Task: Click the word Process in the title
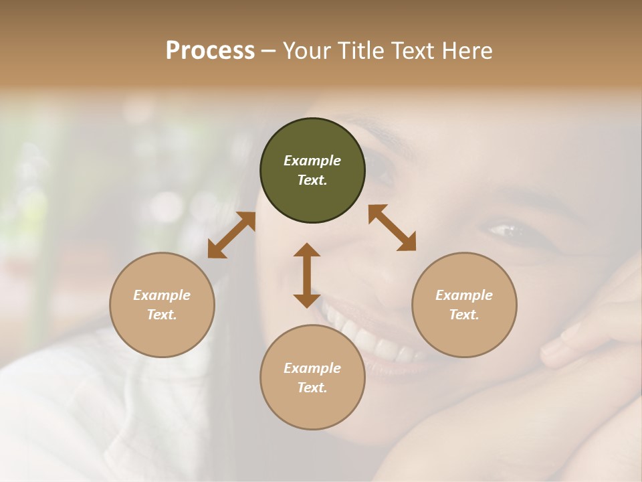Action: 210,51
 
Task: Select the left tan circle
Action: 162,305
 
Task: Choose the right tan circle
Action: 464,305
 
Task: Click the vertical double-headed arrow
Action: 307,275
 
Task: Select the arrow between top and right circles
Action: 392,228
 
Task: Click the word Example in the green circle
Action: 312,161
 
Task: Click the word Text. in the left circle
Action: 162,315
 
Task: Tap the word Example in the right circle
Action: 464,295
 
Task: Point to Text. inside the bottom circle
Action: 312,388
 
